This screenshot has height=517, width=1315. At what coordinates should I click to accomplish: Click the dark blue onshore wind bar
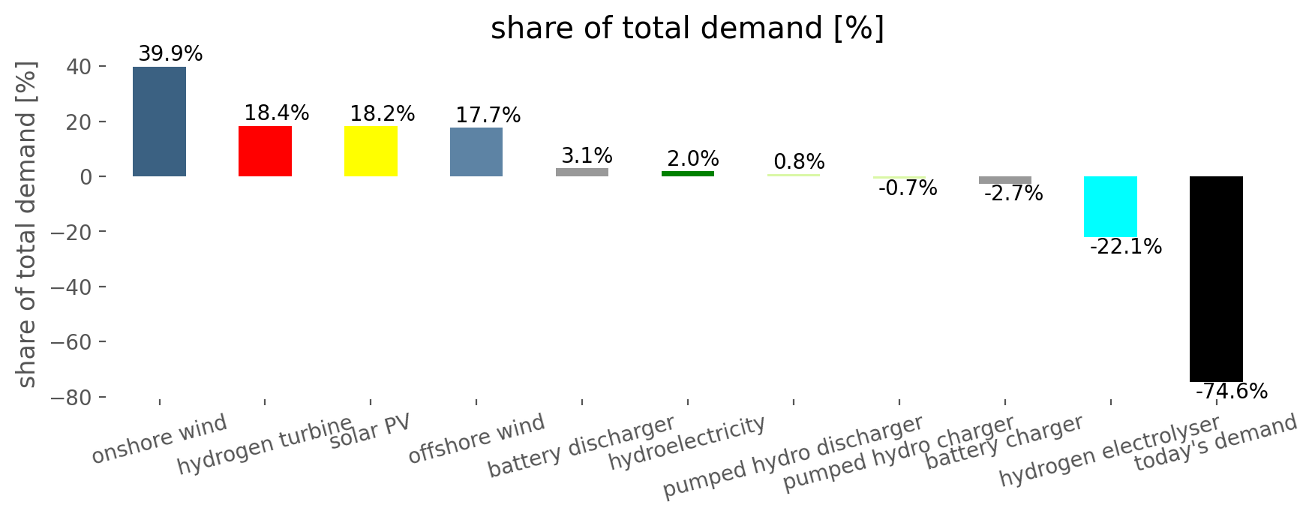[x=159, y=122]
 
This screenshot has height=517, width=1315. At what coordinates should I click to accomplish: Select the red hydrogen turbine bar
[x=265, y=151]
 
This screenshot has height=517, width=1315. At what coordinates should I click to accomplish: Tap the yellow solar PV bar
[x=371, y=151]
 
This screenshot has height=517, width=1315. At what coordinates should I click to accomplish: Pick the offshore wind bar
[x=476, y=152]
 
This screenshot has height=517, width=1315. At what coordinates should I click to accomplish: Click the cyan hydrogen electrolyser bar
[x=1110, y=206]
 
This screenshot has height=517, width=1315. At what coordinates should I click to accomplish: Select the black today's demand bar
[x=1216, y=279]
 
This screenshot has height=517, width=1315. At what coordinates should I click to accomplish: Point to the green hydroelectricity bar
[x=688, y=173]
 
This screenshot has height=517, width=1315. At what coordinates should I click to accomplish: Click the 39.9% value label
[x=170, y=54]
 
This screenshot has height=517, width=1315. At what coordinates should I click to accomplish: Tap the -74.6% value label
[x=1231, y=392]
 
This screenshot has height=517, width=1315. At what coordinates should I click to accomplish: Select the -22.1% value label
[x=1125, y=247]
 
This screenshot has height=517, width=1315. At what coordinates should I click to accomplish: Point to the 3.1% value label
[x=587, y=156]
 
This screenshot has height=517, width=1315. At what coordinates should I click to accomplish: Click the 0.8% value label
[x=799, y=162]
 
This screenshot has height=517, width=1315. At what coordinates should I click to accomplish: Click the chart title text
[x=688, y=29]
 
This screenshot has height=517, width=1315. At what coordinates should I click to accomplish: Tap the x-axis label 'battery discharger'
[x=581, y=446]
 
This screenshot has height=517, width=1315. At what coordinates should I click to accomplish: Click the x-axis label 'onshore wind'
[x=159, y=440]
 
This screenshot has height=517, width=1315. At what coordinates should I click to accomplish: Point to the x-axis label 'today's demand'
[x=1215, y=443]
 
